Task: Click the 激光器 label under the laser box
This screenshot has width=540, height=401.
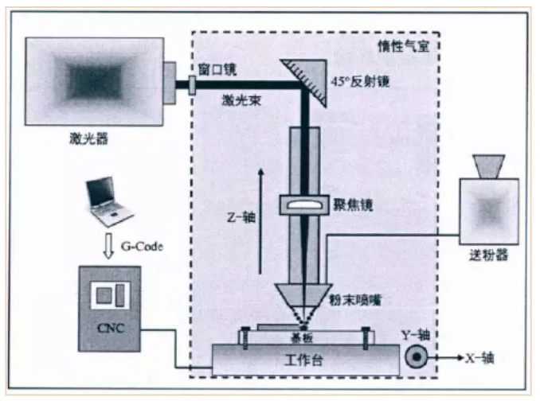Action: [89, 138]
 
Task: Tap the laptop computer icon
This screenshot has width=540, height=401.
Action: [108, 201]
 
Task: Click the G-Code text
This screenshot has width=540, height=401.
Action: [142, 247]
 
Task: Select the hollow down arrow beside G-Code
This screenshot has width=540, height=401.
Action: [108, 246]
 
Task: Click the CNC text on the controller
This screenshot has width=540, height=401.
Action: [111, 328]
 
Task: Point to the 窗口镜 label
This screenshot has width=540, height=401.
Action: [217, 70]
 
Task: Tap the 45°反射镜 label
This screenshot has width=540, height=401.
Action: [360, 81]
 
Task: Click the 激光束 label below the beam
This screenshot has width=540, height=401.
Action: [241, 100]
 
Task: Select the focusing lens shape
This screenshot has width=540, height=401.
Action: [304, 204]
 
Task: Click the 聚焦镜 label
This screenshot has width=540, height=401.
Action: [353, 205]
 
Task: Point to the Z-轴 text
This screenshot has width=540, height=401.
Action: [241, 217]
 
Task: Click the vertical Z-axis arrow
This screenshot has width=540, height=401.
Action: [261, 221]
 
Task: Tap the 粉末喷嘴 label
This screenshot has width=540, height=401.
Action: [355, 300]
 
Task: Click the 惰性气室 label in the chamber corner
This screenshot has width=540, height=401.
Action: [404, 46]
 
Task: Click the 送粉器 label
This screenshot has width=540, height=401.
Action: [489, 255]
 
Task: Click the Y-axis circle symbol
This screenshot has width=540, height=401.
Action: [416, 356]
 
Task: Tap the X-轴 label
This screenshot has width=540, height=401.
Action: [479, 358]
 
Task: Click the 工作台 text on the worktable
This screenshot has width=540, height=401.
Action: [303, 360]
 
